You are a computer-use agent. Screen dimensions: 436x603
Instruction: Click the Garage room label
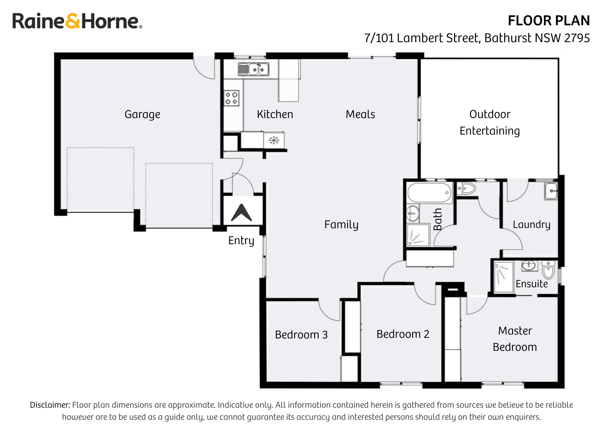coord(142,115)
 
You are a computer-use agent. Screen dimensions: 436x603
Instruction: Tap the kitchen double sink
coord(254,69)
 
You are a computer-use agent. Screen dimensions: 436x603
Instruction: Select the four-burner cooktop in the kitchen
coord(232,98)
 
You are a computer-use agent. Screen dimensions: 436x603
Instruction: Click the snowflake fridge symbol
coord(274,140)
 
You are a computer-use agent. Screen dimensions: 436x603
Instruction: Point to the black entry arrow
coord(242,213)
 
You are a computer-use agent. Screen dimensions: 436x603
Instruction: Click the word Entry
coord(241,241)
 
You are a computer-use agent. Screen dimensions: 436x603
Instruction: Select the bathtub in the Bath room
coord(429,193)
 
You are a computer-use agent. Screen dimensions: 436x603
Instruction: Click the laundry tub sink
coord(551,191)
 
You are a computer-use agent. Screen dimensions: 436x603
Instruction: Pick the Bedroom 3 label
coord(301,335)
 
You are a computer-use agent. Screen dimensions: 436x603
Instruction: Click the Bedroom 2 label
coord(403,334)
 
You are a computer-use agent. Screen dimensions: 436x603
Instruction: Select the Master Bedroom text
coord(515,339)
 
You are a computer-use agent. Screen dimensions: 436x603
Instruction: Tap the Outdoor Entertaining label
coord(490,123)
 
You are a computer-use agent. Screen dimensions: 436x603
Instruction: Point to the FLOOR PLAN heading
coord(549,21)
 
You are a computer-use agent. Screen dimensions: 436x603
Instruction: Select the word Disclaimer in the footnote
coord(50,405)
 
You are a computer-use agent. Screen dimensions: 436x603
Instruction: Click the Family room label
coord(341,225)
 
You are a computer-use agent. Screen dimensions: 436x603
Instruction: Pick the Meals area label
coord(360,114)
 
